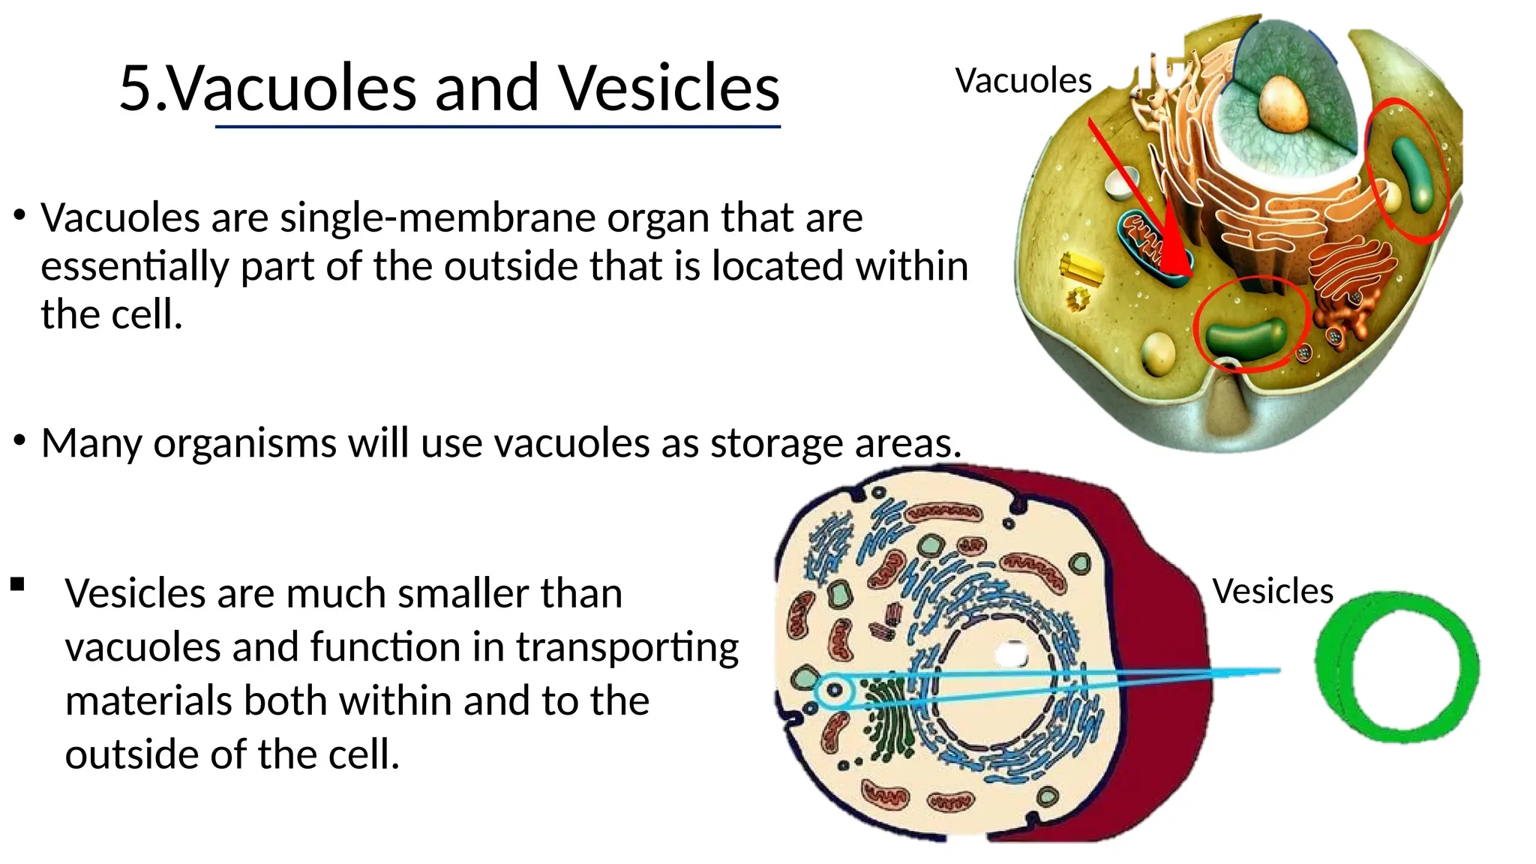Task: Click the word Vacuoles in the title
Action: (292, 88)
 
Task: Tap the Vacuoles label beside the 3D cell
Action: (1023, 81)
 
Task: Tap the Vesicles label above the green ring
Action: (1273, 591)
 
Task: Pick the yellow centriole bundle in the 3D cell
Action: (1081, 268)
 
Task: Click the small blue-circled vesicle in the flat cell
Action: (833, 689)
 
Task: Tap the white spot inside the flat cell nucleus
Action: (1011, 654)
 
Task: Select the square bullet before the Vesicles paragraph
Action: (18, 584)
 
